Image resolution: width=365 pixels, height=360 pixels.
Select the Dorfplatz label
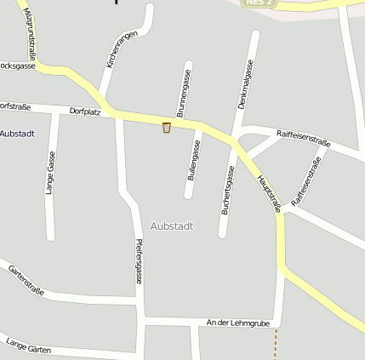tap(86, 111)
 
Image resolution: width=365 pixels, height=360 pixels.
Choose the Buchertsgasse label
tap(227, 189)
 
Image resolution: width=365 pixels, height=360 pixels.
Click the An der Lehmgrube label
tap(237, 323)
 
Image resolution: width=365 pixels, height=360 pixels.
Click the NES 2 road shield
tap(259, 3)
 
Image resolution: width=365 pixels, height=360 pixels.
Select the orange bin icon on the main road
tap(167, 128)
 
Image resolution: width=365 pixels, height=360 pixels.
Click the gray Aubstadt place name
tap(172, 226)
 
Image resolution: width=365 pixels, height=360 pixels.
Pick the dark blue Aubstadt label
tap(16, 134)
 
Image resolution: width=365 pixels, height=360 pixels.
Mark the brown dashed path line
tap(275, 344)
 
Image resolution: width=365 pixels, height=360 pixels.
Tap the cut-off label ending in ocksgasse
tap(17, 65)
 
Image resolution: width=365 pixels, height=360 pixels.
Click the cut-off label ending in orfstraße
tap(15, 106)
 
